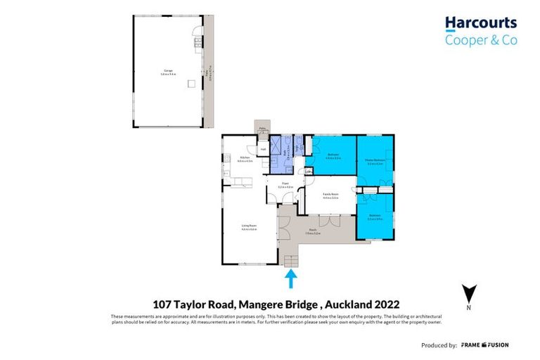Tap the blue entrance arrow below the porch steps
coord(290,280)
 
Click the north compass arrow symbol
coord(470,293)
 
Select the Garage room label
coord(168,71)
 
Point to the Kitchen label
coord(245,159)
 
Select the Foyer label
coord(285,186)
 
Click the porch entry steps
coord(290,262)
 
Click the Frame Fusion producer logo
coord(484,345)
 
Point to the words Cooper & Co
coord(480,41)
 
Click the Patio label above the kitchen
coord(262,128)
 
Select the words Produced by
coord(438,345)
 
